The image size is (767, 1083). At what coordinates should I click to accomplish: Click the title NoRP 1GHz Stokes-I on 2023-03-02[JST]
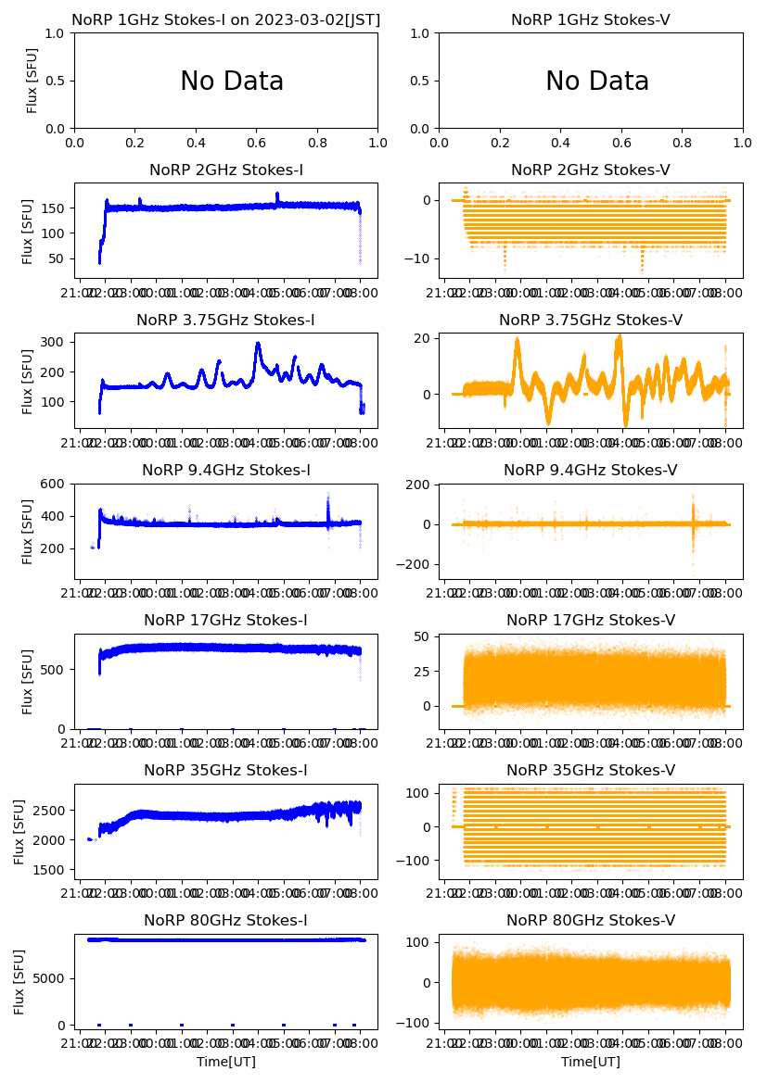point(226,19)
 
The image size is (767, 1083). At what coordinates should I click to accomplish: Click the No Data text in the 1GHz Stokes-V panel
point(597,82)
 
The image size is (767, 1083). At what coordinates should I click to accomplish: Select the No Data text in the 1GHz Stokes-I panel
point(232,82)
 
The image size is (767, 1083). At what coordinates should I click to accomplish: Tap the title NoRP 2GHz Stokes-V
point(591,170)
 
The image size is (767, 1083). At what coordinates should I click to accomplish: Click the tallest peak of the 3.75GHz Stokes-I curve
point(258,344)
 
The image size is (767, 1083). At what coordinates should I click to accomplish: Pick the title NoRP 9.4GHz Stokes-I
point(226,470)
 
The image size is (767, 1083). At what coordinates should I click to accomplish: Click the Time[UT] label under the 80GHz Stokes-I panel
point(226,1062)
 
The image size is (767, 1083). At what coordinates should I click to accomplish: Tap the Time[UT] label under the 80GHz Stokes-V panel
point(591,1062)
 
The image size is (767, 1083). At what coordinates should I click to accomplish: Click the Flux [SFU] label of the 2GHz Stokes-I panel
point(28,231)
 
